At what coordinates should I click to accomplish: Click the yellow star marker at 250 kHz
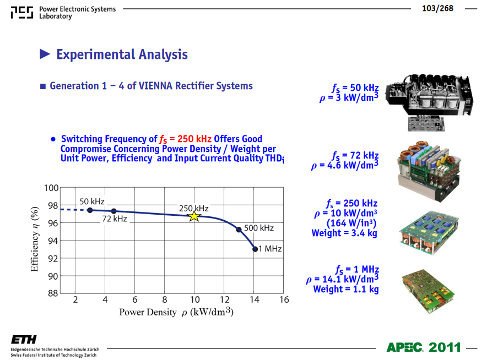point(194,216)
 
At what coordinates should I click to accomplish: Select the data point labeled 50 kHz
point(90,210)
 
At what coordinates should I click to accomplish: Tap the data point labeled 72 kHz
point(113,211)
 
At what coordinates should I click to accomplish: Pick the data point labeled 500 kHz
point(239,230)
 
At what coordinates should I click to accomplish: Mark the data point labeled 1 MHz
point(255,249)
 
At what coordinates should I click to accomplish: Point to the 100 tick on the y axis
point(51,188)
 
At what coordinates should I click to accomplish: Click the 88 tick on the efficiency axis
point(53,293)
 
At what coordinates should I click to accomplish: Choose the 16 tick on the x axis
point(284,299)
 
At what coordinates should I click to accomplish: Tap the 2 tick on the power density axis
point(75,299)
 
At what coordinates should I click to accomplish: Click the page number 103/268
point(437,8)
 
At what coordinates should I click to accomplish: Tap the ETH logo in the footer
point(24,340)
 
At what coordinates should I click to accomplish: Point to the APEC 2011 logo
point(424,347)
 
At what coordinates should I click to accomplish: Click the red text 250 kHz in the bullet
point(194,138)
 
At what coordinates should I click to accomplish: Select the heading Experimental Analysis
point(122,54)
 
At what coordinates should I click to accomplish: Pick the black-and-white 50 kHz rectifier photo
point(429,102)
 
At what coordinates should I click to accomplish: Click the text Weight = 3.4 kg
point(344,233)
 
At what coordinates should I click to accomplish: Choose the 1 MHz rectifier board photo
point(428,291)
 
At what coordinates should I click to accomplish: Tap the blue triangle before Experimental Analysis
point(45,54)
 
